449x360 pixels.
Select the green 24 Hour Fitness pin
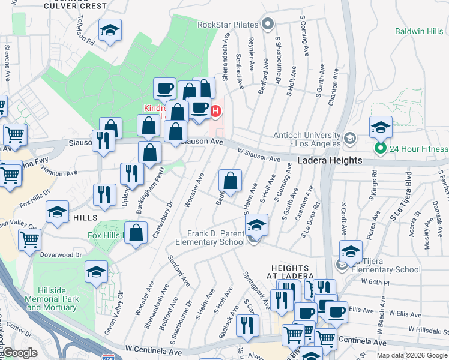click(x=379, y=148)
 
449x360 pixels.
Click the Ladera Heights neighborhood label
click(x=330, y=160)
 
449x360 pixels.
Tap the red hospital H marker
click(x=215, y=111)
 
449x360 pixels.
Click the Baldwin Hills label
click(x=418, y=31)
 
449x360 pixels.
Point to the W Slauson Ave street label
click(x=259, y=155)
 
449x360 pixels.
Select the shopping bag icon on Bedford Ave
click(x=230, y=181)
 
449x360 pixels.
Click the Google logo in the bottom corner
click(x=20, y=353)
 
